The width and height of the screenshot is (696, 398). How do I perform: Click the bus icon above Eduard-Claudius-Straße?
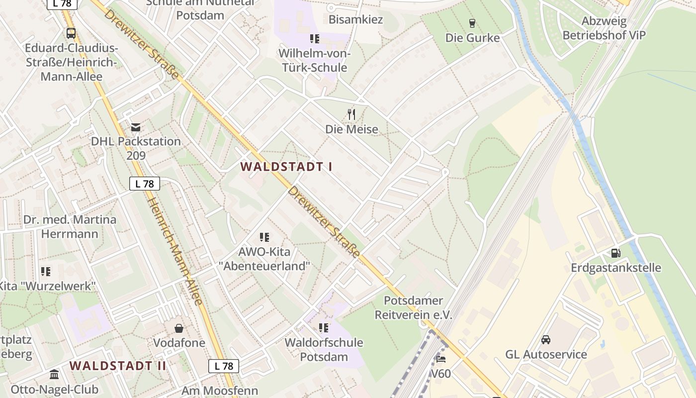(x=71, y=33)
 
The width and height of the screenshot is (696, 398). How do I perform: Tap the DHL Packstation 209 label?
(x=136, y=148)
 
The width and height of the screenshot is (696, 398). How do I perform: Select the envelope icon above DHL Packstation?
(x=136, y=127)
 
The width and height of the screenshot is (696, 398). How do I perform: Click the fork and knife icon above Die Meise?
(x=351, y=114)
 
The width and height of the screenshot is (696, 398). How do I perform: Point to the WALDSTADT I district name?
(x=286, y=167)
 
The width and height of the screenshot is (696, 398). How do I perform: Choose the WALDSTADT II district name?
(x=118, y=366)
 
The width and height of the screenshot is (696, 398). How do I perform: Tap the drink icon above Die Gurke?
(x=472, y=23)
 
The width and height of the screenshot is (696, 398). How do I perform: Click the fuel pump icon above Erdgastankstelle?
(x=615, y=253)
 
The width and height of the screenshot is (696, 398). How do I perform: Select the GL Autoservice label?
(x=546, y=355)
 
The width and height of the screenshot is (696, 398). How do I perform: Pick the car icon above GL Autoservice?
(x=546, y=340)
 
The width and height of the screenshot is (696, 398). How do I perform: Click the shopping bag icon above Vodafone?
(x=179, y=328)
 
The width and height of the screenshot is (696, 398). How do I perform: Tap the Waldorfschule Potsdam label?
(x=324, y=350)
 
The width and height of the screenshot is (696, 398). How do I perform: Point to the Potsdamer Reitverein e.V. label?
(x=413, y=307)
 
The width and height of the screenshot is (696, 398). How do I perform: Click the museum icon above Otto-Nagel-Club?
(x=54, y=374)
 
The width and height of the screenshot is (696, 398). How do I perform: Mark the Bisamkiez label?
(x=355, y=20)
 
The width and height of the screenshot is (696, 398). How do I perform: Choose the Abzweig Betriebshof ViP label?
(x=604, y=28)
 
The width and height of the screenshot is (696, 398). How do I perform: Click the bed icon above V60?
(x=440, y=359)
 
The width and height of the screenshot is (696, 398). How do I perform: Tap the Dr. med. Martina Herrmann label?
(x=70, y=226)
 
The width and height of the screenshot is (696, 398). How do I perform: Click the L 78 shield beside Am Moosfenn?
(x=224, y=366)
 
